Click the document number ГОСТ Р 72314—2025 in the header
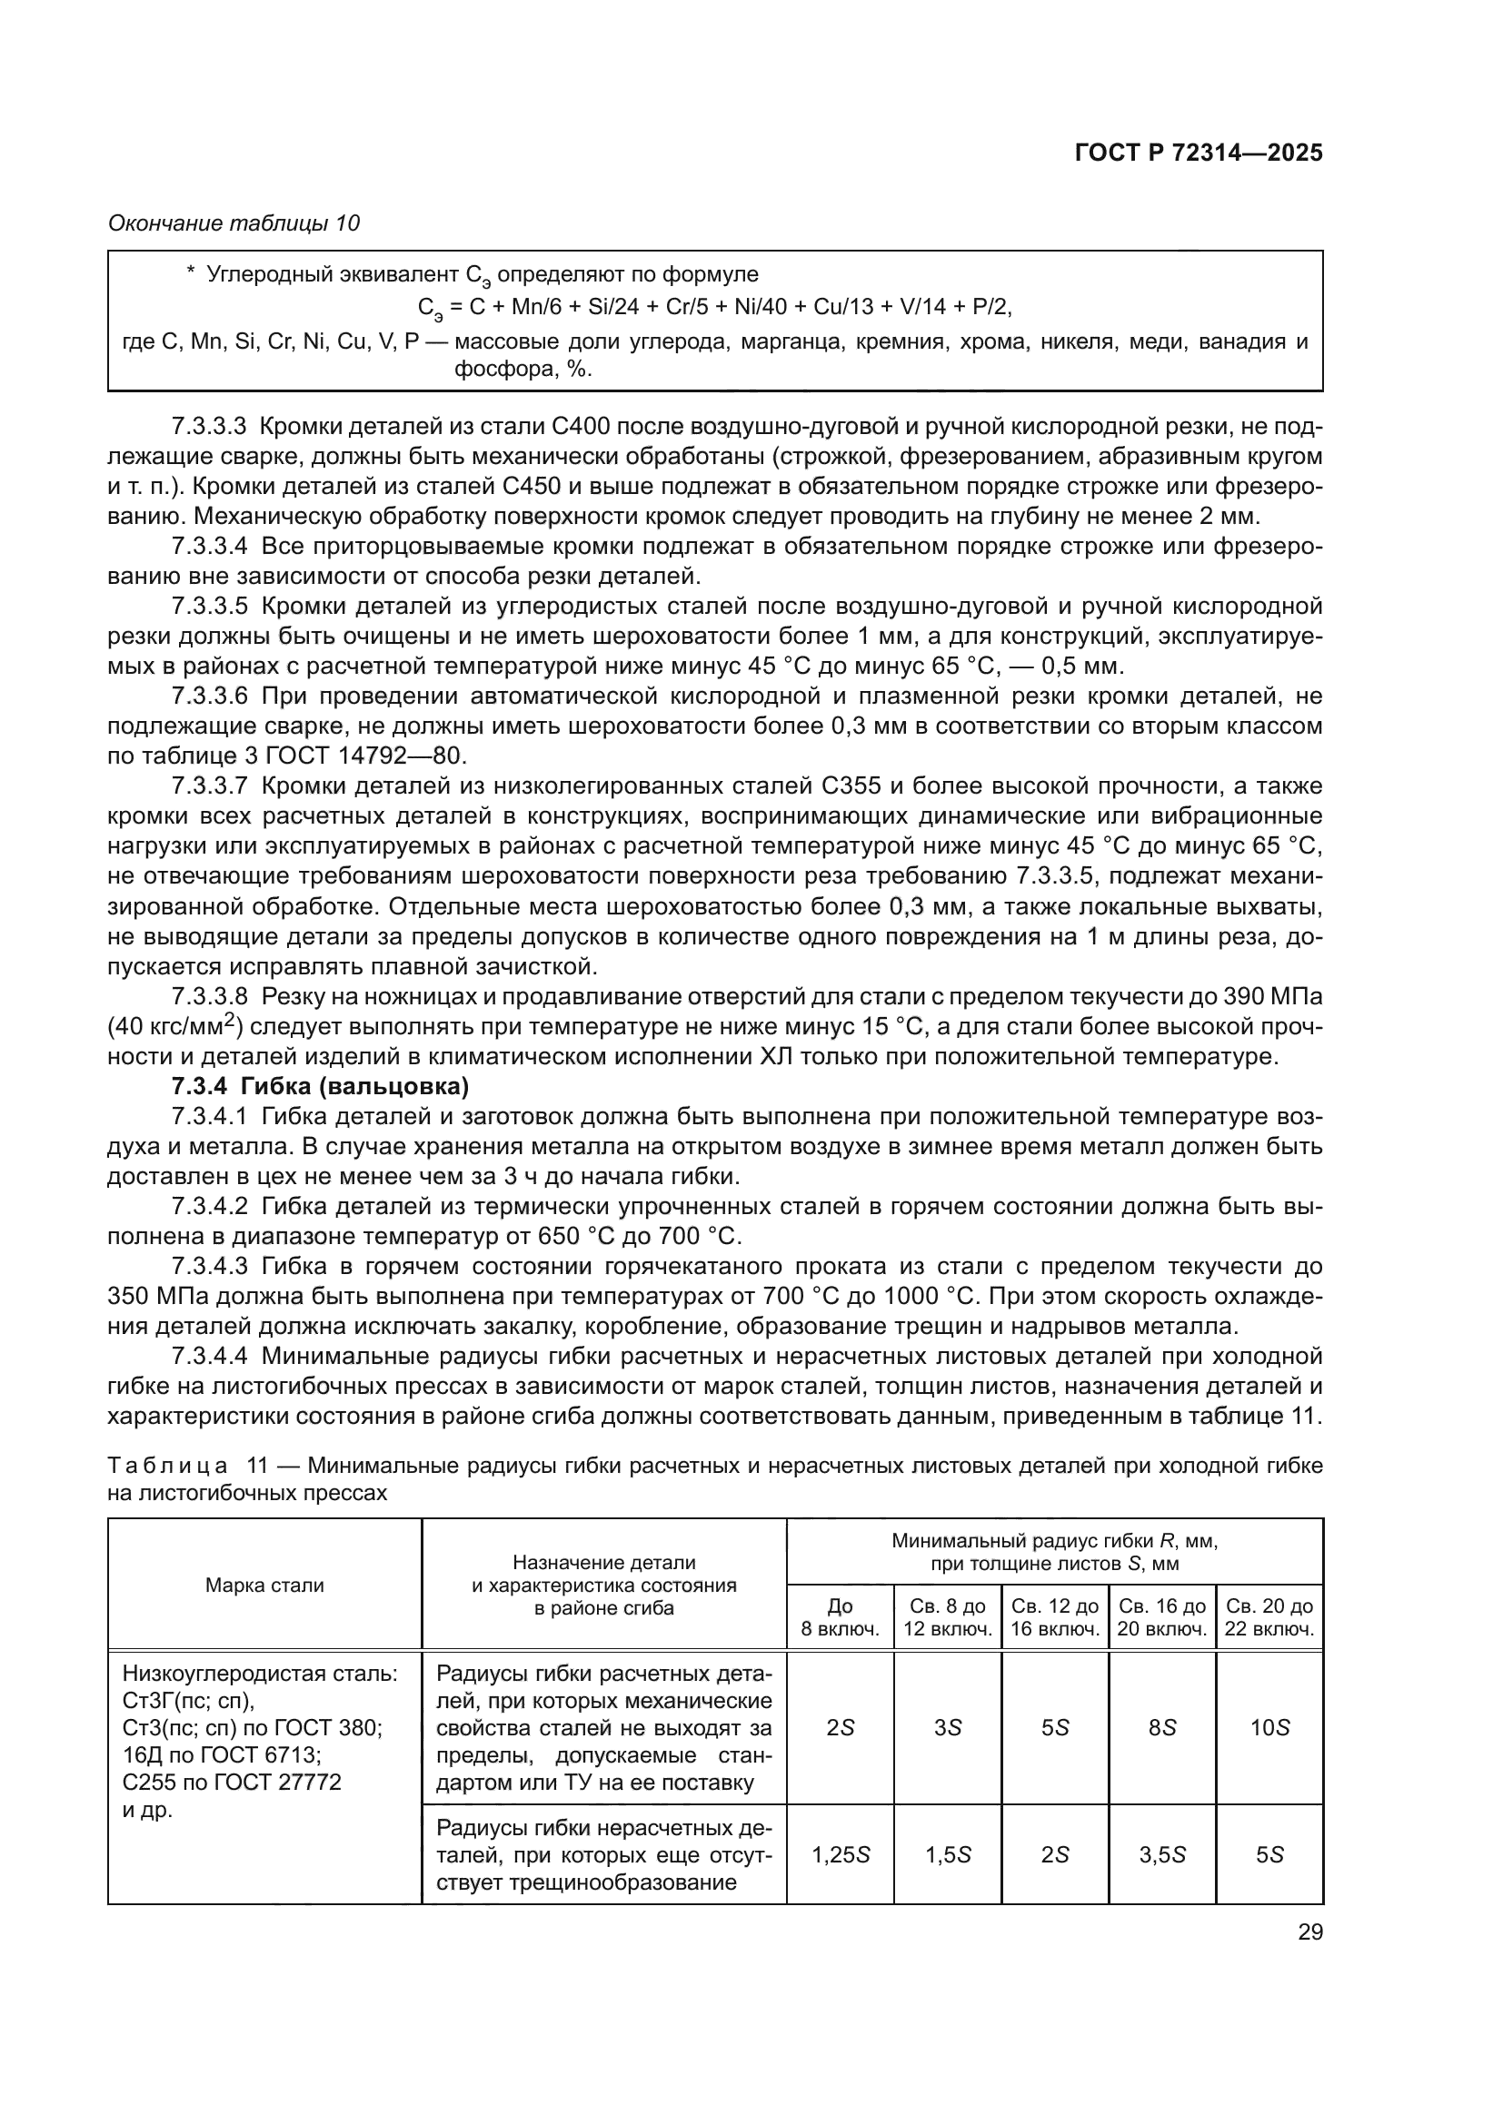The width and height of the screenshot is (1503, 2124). [1199, 153]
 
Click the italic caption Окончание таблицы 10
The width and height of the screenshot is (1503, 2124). [234, 223]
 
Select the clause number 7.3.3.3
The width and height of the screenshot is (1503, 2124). [209, 427]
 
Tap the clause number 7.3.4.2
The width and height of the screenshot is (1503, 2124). [209, 1206]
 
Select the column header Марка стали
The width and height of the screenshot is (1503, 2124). [264, 1586]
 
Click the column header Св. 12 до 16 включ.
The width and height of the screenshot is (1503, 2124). [1055, 1617]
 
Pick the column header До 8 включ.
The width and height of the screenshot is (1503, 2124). [840, 1617]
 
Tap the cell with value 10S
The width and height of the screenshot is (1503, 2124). [1269, 1728]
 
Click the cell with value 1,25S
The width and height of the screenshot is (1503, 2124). [841, 1855]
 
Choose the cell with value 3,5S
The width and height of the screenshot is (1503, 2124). [1162, 1855]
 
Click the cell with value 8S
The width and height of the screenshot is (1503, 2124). [1162, 1728]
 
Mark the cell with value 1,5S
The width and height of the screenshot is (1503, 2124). [948, 1855]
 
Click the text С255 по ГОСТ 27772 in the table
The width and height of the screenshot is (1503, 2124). [232, 1782]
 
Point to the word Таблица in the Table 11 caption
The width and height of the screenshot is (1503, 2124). [167, 1467]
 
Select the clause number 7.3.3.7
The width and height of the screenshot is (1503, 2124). [209, 786]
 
